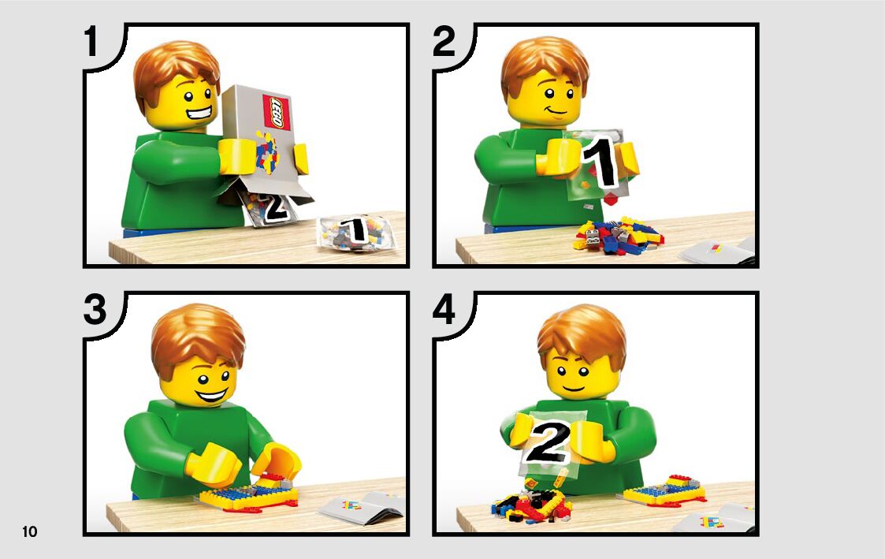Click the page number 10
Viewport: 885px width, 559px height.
tap(29, 531)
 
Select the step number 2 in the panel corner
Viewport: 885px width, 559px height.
tap(444, 41)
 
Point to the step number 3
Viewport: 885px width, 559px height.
tap(95, 309)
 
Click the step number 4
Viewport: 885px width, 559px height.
tap(444, 310)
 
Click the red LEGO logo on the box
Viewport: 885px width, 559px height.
tap(277, 112)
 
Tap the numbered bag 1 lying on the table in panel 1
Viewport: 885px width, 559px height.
tap(355, 233)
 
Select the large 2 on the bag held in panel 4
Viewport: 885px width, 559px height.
tap(548, 442)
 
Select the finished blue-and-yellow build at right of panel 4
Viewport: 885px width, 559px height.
tap(666, 490)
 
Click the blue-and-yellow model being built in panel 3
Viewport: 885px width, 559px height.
tap(248, 494)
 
